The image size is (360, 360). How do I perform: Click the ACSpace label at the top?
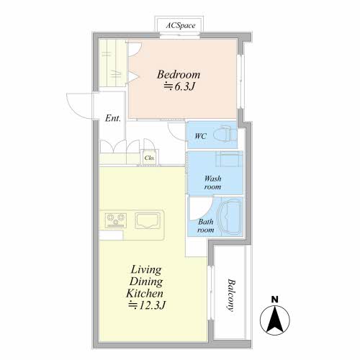point(181,25)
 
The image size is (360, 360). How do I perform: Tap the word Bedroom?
point(179,74)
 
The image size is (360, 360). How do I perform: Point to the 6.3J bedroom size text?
point(179,86)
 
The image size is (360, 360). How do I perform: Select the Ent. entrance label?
point(113,118)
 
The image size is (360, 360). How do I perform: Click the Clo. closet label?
point(150,158)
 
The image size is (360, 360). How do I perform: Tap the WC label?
point(200,136)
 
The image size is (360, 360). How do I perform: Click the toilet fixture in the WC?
point(225,135)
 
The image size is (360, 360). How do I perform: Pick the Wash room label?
point(212,183)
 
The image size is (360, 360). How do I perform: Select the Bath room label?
point(206,226)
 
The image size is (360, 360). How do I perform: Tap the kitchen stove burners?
point(116,220)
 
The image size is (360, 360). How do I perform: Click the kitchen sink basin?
point(148,220)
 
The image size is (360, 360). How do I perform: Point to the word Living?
point(146,269)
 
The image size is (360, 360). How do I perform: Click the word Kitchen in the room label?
point(145,293)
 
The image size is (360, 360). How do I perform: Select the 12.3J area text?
point(147,305)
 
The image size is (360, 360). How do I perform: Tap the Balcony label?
point(231,295)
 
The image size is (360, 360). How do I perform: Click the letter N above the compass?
point(275,300)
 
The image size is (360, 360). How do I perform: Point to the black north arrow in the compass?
point(275,318)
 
